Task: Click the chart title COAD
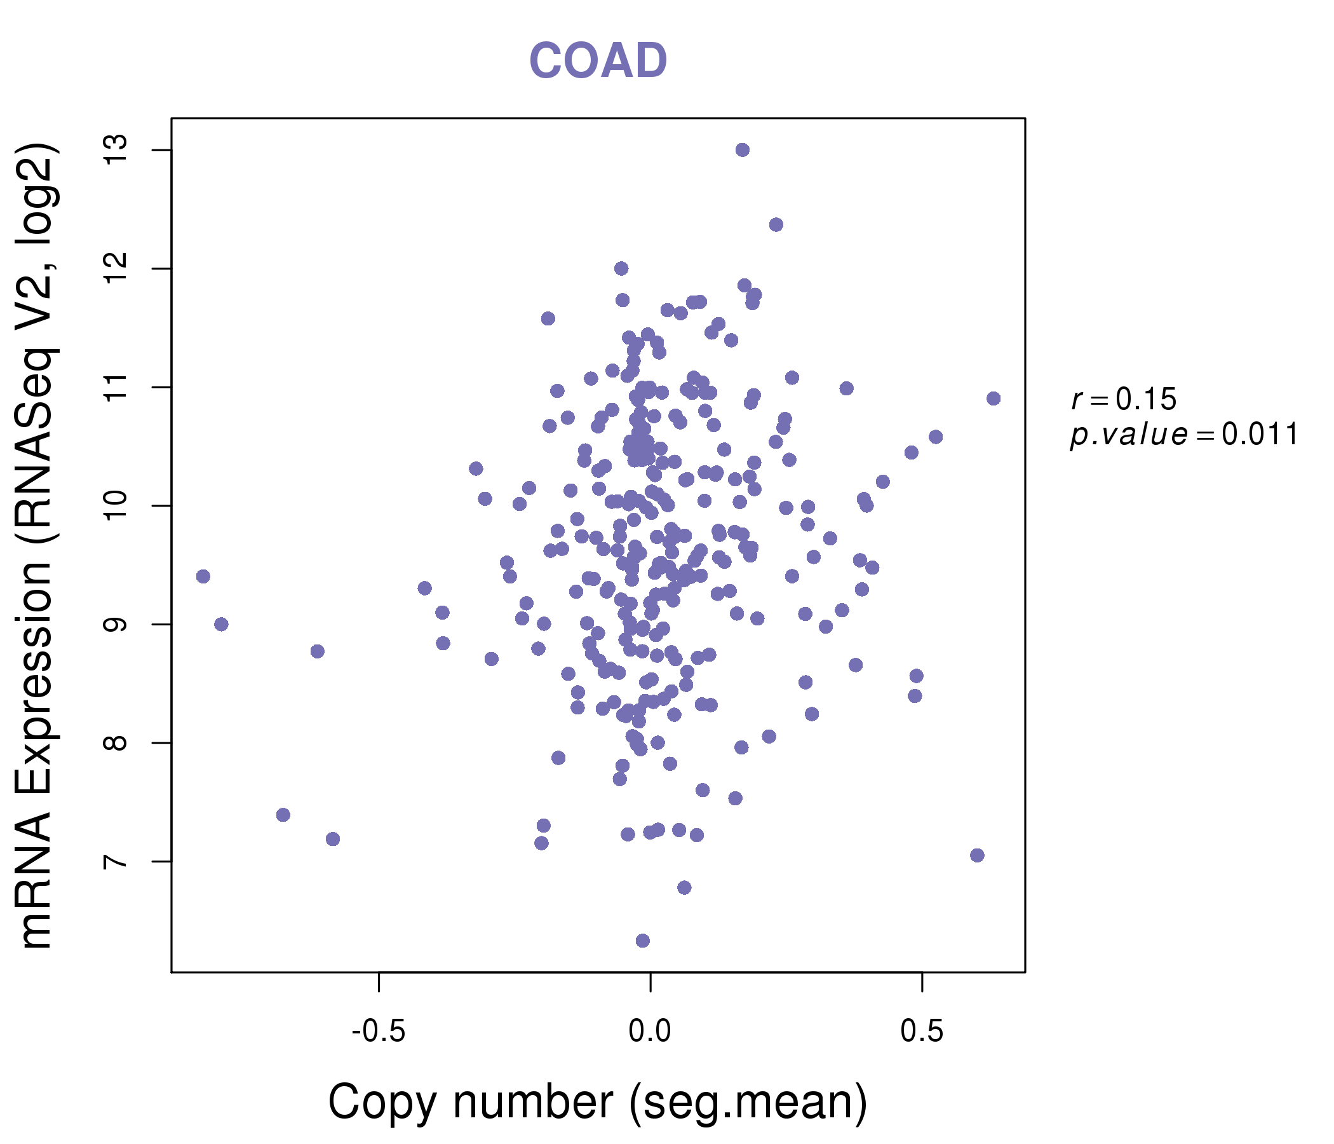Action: (598, 61)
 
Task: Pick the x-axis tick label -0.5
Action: (379, 1032)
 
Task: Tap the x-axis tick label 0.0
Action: (650, 1032)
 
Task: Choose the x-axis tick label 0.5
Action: (922, 1032)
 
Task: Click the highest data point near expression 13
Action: (743, 150)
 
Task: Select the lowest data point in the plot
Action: (642, 941)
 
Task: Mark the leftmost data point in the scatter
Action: (203, 576)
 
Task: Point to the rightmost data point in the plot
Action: (994, 398)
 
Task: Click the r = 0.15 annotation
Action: (1124, 399)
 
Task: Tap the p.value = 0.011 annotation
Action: (1184, 435)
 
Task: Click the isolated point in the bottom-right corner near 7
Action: (978, 855)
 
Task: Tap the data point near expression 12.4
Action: (776, 224)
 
